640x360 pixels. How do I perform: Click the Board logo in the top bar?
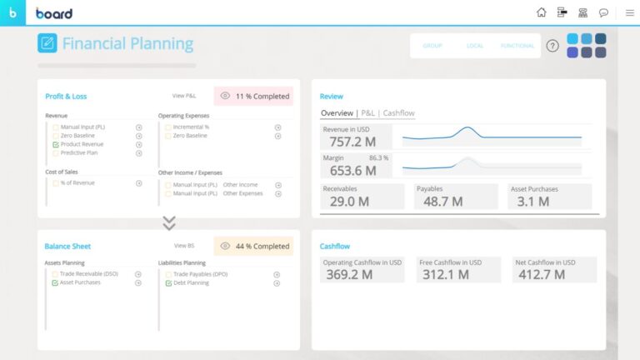[54, 12]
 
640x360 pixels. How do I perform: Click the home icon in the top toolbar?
[542, 12]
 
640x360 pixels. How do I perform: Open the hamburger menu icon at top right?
[629, 12]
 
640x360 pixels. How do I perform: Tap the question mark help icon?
[552, 46]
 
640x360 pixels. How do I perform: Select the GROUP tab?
[432, 46]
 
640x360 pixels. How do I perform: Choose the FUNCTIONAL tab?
[517, 46]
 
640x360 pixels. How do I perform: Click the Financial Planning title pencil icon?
[47, 43]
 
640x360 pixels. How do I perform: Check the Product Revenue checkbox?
[56, 144]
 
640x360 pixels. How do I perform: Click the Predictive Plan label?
[79, 153]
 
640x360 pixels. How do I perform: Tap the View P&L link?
[184, 96]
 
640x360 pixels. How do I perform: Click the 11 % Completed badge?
[253, 96]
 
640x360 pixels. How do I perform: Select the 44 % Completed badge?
[253, 246]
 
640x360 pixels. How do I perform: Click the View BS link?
[184, 246]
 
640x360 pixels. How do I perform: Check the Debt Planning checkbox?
[168, 282]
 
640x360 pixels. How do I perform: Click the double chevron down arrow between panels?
[169, 223]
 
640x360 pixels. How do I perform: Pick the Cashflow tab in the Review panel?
[398, 113]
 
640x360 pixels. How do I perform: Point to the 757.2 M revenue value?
[346, 142]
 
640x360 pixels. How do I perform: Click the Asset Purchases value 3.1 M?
[532, 201]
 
